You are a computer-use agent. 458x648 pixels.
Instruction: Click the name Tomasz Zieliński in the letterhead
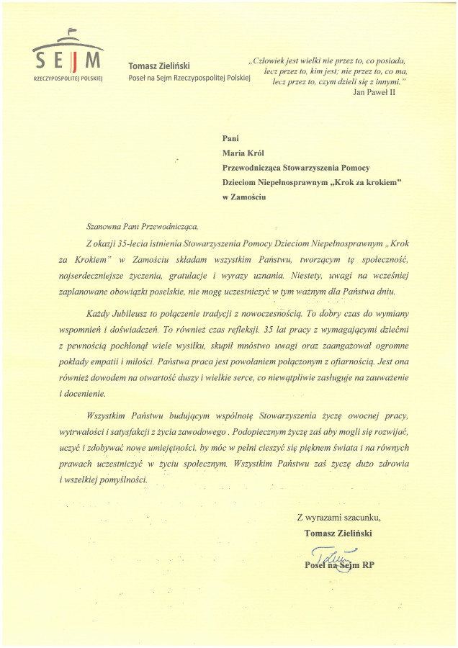[x=158, y=66]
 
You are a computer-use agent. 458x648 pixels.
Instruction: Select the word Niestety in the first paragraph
[x=313, y=276]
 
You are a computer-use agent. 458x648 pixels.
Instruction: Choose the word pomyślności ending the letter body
[x=122, y=479]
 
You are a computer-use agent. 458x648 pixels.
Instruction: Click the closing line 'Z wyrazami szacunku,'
[x=338, y=517]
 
